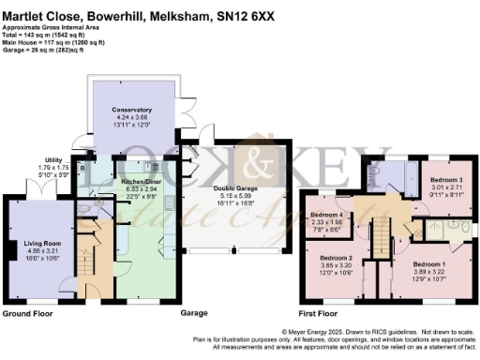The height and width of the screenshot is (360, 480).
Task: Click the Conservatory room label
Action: coord(125,111)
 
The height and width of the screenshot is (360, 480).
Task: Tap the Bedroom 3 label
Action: coord(446,178)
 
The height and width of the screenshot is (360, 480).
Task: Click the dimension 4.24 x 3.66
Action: coord(125,118)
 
